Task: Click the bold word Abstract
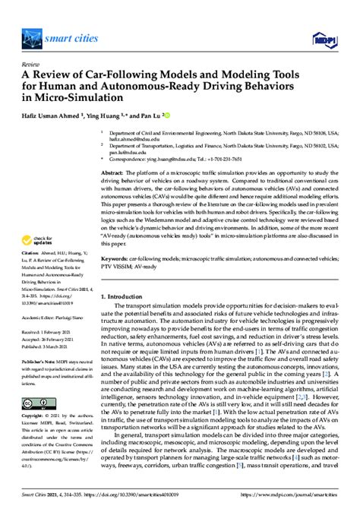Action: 112,173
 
